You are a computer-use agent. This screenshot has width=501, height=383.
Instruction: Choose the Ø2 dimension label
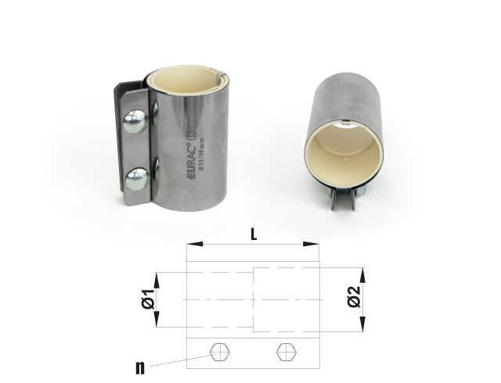click(x=353, y=299)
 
